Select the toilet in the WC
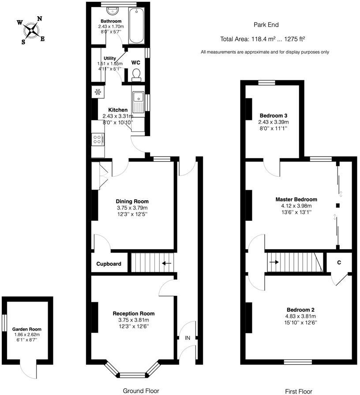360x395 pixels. coord(136,75)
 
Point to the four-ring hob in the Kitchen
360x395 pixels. coord(97,140)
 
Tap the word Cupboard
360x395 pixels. coord(109,264)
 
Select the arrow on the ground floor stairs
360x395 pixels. coord(166,264)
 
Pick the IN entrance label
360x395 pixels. coord(187,338)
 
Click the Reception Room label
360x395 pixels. coord(133,313)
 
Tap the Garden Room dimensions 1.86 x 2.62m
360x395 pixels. coord(27,335)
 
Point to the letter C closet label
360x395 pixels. coord(339,263)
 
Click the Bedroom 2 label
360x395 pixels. coord(300,309)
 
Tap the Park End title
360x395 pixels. coord(266,25)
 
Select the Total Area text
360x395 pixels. coord(263,39)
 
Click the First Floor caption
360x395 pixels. coord(298,391)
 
